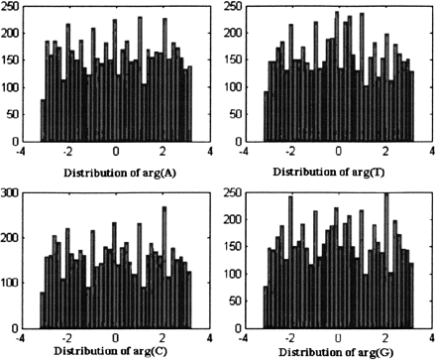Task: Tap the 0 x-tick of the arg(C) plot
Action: tap(116, 330)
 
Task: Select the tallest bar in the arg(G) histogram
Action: tap(386, 258)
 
